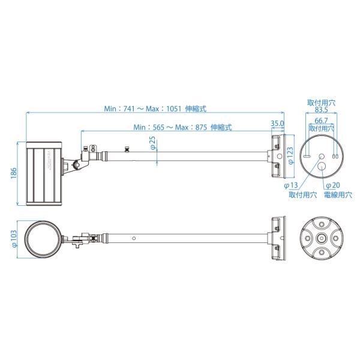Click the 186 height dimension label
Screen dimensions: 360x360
point(14,173)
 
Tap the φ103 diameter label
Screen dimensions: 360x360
point(14,239)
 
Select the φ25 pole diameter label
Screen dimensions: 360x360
point(153,143)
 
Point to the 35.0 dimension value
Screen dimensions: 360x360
point(277,123)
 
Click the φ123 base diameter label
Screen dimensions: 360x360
point(290,155)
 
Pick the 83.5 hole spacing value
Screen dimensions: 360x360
point(321,110)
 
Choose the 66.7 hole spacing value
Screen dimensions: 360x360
point(321,121)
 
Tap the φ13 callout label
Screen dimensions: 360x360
point(291,185)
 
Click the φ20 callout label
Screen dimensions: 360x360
point(333,185)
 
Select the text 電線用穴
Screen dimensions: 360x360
point(338,195)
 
